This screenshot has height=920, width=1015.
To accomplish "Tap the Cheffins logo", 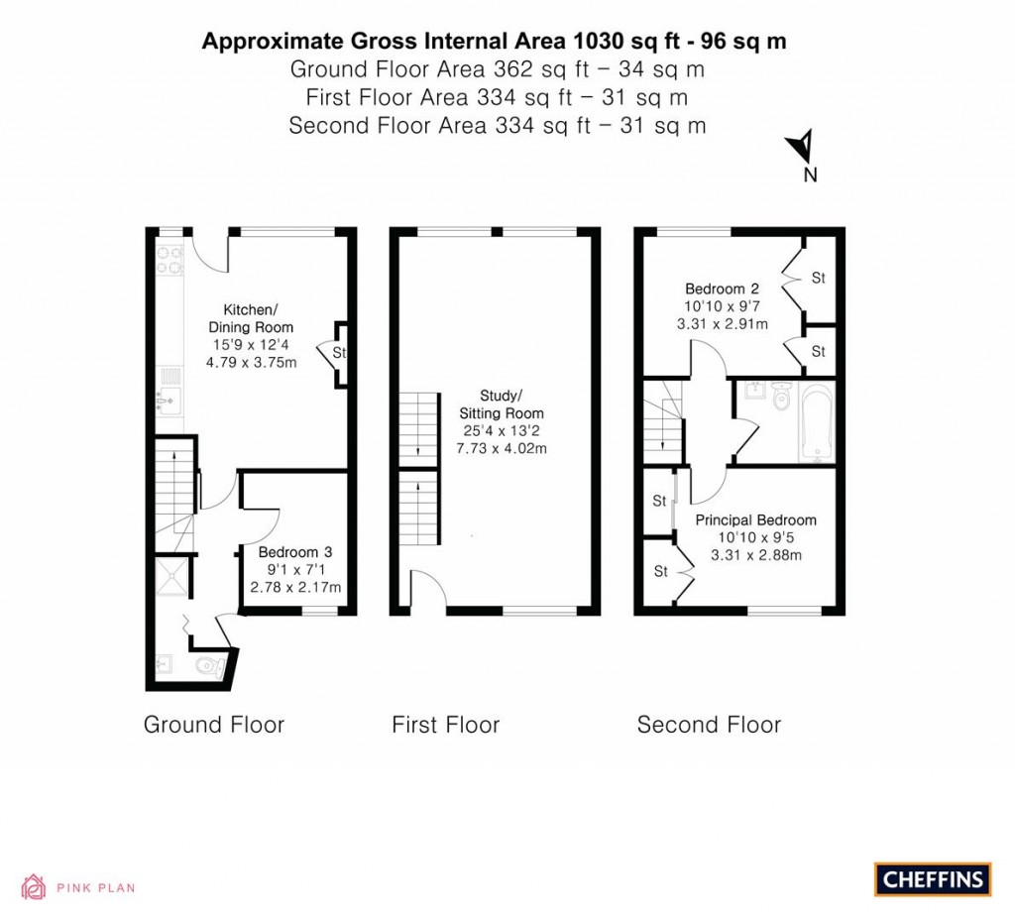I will click(x=933, y=878).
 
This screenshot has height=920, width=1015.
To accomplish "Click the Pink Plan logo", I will click(x=79, y=887).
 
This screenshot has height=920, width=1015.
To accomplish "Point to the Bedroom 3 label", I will click(x=295, y=552).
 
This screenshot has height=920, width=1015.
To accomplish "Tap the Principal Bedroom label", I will click(x=755, y=520).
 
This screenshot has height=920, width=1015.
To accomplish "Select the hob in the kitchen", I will click(x=169, y=259).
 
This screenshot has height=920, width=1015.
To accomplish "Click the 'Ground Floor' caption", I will click(x=214, y=725).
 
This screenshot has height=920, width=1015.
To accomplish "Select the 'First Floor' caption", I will click(x=445, y=725).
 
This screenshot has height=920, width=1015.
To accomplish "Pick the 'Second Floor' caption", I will click(x=709, y=725).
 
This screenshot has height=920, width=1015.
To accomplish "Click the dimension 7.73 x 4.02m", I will click(x=501, y=448).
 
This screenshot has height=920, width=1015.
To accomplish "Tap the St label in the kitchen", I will click(x=338, y=352).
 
